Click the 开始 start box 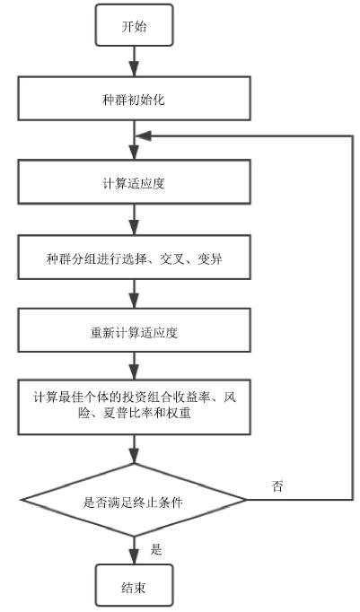pyautogui.click(x=134, y=25)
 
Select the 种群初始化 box pyautogui.click(x=134, y=98)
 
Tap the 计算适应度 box pyautogui.click(x=134, y=181)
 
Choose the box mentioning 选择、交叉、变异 pyautogui.click(x=134, y=258)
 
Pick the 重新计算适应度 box pyautogui.click(x=134, y=330)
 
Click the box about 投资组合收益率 pyautogui.click(x=134, y=406)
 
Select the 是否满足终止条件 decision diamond pyautogui.click(x=134, y=500)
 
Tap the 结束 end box pyautogui.click(x=134, y=585)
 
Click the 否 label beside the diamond pyautogui.click(x=277, y=486)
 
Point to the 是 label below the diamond pyautogui.click(x=156, y=549)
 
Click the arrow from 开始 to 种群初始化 pyautogui.click(x=134, y=61)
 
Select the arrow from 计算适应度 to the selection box pyautogui.click(x=134, y=219)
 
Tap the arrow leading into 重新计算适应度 pyautogui.click(x=134, y=294)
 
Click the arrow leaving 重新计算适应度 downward pyautogui.click(x=134, y=365)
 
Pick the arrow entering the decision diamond pyautogui.click(x=134, y=449)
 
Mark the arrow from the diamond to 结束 pyautogui.click(x=134, y=550)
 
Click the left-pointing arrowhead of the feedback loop pyautogui.click(x=142, y=136)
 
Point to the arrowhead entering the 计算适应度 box pyautogui.click(x=134, y=153)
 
